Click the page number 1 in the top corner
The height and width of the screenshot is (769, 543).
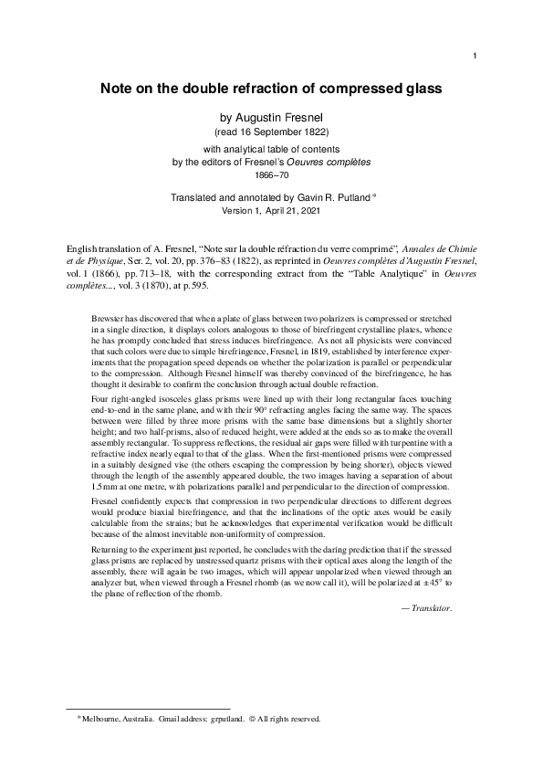476,57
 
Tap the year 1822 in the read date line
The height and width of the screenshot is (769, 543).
313,132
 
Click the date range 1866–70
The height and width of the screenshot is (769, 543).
271,174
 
